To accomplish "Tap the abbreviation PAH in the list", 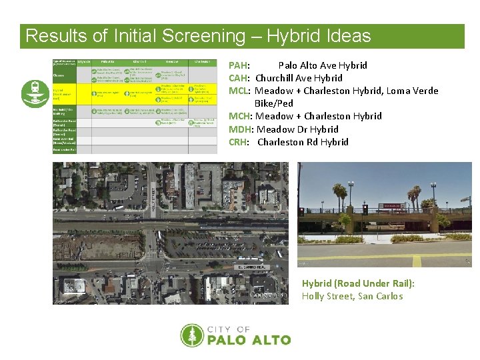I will (239, 65).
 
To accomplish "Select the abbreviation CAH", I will (239, 78).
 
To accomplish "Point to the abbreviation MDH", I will (240, 129).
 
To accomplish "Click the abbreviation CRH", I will (239, 142).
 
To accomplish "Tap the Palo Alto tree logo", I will (192, 335).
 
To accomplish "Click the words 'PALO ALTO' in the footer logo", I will (249, 339).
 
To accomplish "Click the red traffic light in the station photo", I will (365, 209).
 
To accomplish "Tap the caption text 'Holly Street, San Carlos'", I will (352, 296).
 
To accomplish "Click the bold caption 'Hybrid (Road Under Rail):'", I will (358, 283).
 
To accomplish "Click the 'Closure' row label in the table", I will (59, 75).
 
